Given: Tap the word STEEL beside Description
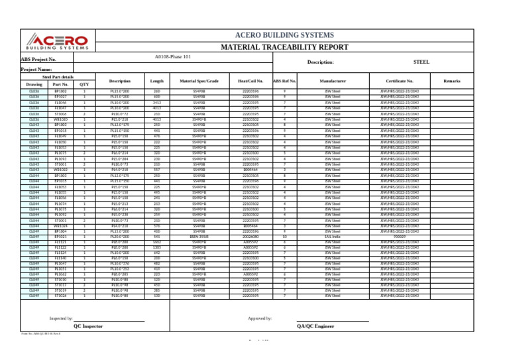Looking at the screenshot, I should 422,61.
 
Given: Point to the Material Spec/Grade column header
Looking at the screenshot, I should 199,81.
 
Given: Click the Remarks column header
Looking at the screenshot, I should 452,81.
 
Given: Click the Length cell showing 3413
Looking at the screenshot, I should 157,103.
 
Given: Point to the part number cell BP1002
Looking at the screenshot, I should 60,90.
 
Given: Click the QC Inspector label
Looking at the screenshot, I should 88,327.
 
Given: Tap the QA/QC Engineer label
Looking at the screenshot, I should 315,327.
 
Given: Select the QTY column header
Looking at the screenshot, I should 84,85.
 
